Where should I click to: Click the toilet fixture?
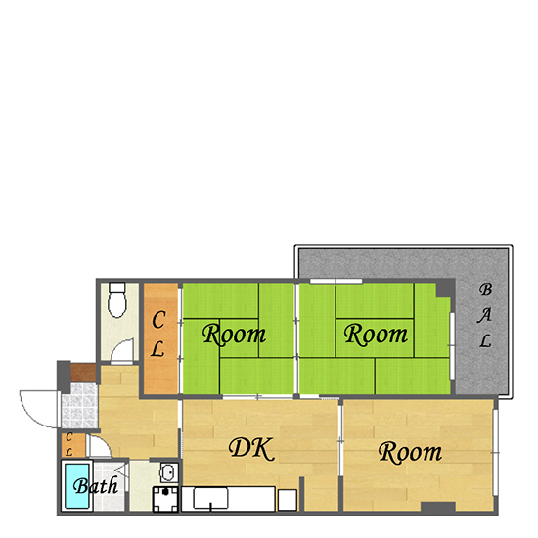[117, 299]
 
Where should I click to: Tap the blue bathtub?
[77, 486]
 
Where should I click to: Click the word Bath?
[96, 485]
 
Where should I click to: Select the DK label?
[251, 449]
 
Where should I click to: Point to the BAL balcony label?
[485, 315]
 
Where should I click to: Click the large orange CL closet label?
[158, 334]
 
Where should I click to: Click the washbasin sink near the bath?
[169, 472]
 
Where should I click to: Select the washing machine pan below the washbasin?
[165, 499]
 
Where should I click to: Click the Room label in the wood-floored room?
[410, 453]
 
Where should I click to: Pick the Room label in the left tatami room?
[234, 334]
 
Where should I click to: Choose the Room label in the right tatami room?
[376, 334]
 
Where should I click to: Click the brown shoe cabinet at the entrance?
[83, 373]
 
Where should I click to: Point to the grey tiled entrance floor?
[79, 406]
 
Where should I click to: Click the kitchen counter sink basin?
[210, 498]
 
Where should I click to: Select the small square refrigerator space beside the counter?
[288, 500]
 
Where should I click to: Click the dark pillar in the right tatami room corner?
[446, 289]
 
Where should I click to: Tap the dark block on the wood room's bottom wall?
[438, 507]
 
